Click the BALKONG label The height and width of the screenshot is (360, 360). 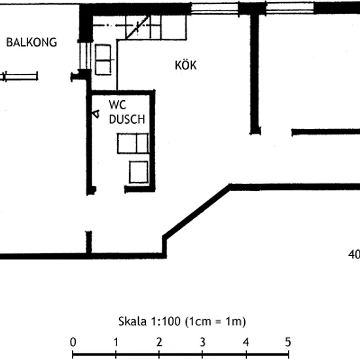pyautogui.click(x=31, y=43)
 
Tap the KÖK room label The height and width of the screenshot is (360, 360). pyautogui.click(x=186, y=65)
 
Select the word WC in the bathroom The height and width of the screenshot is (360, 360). pyautogui.click(x=118, y=105)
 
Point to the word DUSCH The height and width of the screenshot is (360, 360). pyautogui.click(x=127, y=119)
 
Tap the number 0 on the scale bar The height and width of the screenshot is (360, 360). pyautogui.click(x=73, y=342)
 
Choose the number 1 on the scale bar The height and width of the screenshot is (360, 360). pyautogui.click(x=116, y=342)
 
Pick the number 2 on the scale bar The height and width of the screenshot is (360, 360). pyautogui.click(x=159, y=342)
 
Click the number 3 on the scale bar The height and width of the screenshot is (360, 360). pyautogui.click(x=202, y=342)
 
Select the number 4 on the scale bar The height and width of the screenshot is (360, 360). pyautogui.click(x=245, y=342)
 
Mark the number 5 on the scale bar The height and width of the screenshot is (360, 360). pyautogui.click(x=288, y=342)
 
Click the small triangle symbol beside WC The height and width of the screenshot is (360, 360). pyautogui.click(x=96, y=114)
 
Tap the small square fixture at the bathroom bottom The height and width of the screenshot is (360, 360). pyautogui.click(x=139, y=172)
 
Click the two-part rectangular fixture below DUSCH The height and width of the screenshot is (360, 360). pyautogui.click(x=133, y=143)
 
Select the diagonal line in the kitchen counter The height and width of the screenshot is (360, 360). pyautogui.click(x=137, y=27)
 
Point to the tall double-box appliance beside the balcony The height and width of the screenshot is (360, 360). pyautogui.click(x=103, y=60)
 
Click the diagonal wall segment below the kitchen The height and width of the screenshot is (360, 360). pyautogui.click(x=196, y=211)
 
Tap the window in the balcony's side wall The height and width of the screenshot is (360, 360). pyautogui.click(x=85, y=56)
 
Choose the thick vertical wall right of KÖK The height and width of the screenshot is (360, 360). pyautogui.click(x=255, y=73)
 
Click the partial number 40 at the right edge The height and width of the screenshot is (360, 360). pyautogui.click(x=354, y=255)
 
